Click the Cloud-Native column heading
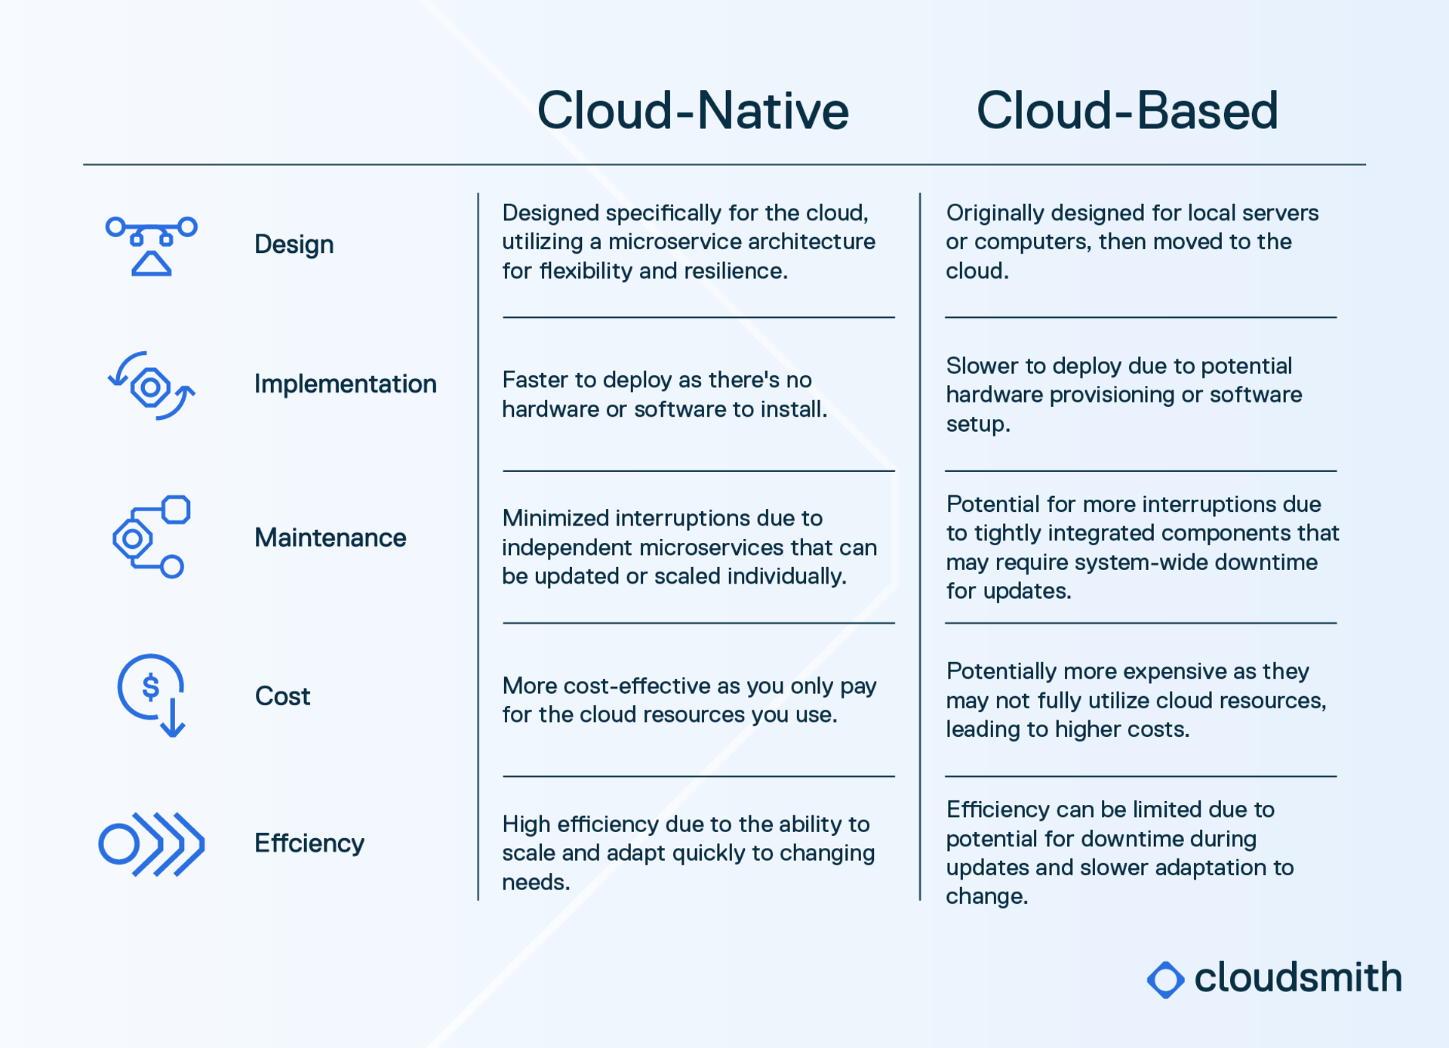(692, 111)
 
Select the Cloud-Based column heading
(1127, 111)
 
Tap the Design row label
(294, 245)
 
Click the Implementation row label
(345, 384)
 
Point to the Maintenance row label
(330, 538)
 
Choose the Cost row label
(282, 696)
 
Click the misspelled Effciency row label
(309, 843)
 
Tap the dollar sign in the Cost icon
(151, 687)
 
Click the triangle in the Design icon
(152, 264)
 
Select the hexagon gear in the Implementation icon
(150, 387)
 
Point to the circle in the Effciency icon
(119, 843)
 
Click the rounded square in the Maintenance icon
(176, 510)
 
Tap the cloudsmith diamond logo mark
(1165, 979)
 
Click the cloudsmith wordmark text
(1297, 978)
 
